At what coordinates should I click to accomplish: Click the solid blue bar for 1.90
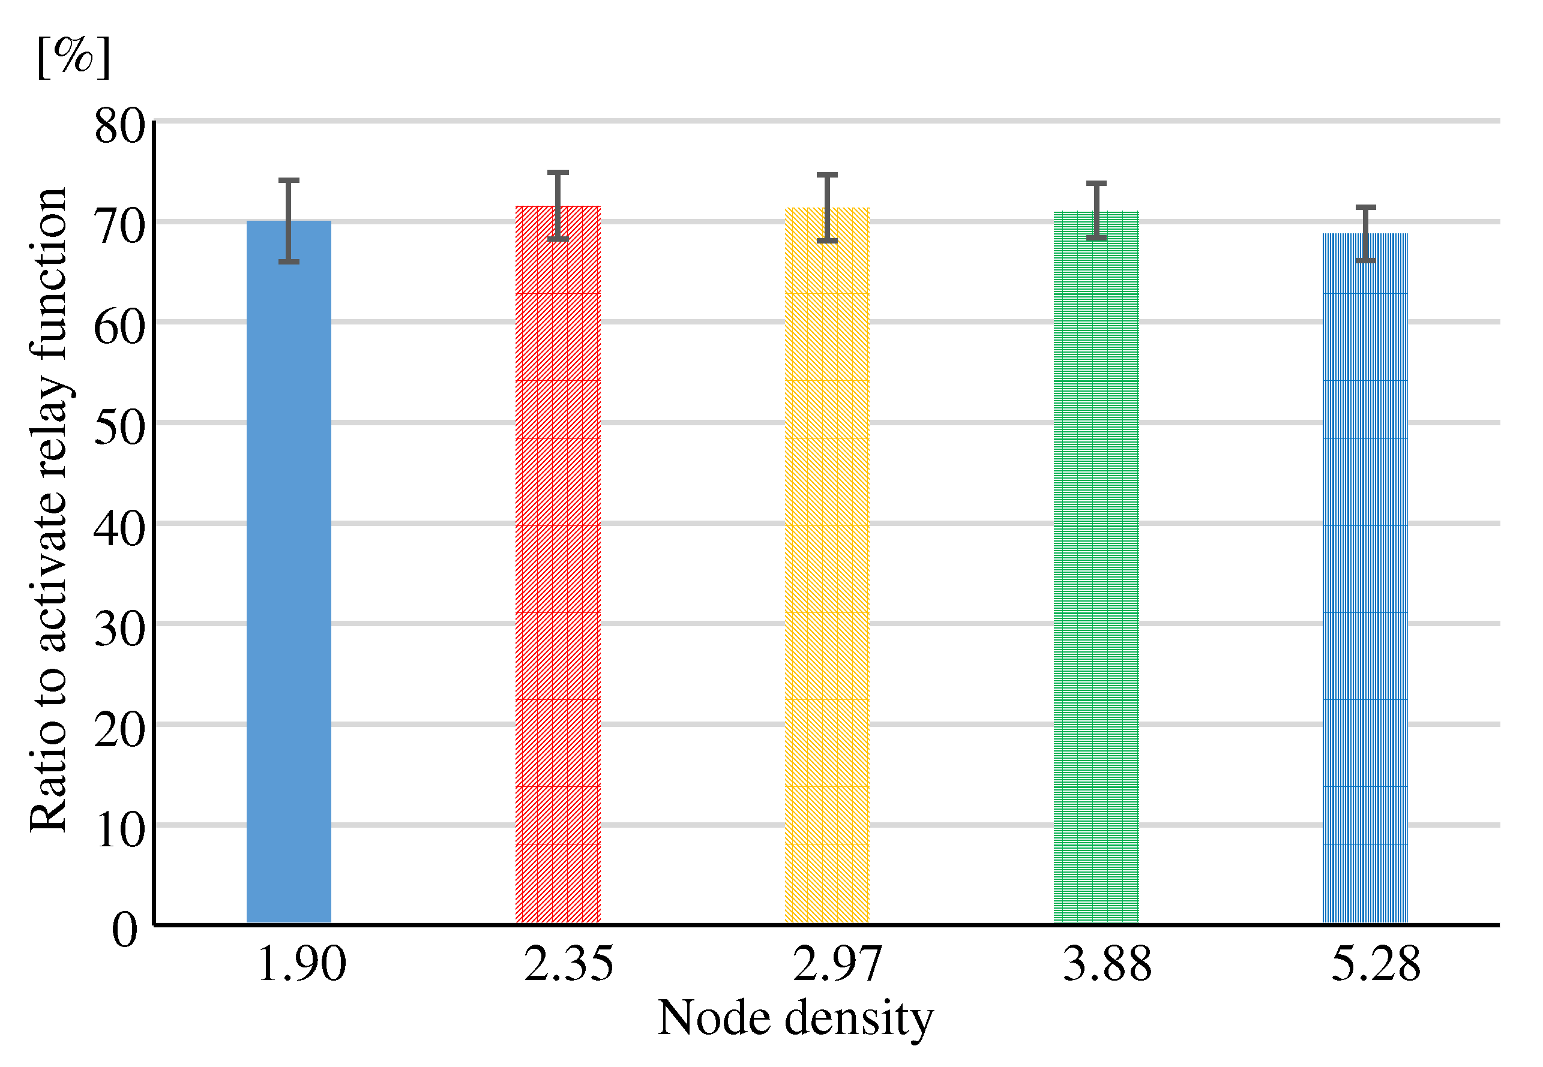click(x=289, y=572)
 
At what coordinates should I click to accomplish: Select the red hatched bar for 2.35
click(x=558, y=565)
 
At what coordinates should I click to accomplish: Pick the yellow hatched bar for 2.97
click(x=826, y=566)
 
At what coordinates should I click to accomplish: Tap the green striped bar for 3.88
click(x=1096, y=567)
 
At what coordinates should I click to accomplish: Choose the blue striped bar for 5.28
click(x=1365, y=578)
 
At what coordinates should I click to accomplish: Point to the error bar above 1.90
click(x=289, y=221)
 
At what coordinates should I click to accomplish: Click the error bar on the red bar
click(x=558, y=206)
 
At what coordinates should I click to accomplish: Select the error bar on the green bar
click(x=1096, y=211)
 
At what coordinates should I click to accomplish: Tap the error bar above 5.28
click(x=1366, y=233)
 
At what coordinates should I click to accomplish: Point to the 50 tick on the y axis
click(x=119, y=426)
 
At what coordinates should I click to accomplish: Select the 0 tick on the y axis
click(x=125, y=929)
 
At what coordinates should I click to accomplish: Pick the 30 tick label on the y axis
click(x=119, y=628)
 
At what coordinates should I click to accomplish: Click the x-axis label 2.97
click(x=837, y=964)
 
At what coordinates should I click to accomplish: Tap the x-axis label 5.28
click(x=1375, y=964)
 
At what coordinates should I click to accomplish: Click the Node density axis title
click(x=795, y=1018)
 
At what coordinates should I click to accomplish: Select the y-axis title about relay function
click(x=48, y=509)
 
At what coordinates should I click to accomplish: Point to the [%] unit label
click(x=74, y=57)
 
